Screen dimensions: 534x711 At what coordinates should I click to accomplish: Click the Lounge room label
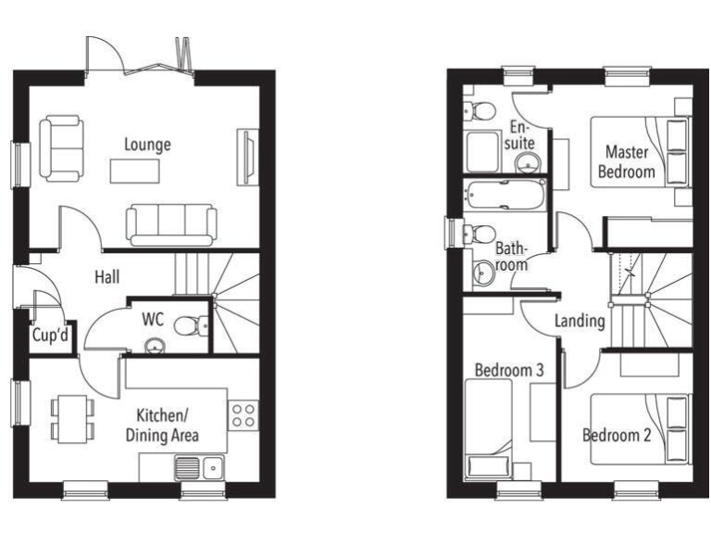[148, 145]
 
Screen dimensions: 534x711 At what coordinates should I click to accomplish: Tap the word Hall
[109, 276]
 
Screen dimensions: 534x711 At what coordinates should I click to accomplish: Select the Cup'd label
[50, 336]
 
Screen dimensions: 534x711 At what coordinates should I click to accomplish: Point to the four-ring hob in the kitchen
[243, 414]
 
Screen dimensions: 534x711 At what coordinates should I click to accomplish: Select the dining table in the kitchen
[72, 417]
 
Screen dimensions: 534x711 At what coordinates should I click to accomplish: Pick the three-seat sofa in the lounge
[171, 223]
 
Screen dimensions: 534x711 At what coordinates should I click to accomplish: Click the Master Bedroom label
[627, 161]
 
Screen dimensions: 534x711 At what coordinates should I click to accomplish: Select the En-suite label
[520, 134]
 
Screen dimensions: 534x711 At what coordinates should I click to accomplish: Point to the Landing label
[580, 322]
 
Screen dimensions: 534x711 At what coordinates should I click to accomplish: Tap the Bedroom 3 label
[508, 370]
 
